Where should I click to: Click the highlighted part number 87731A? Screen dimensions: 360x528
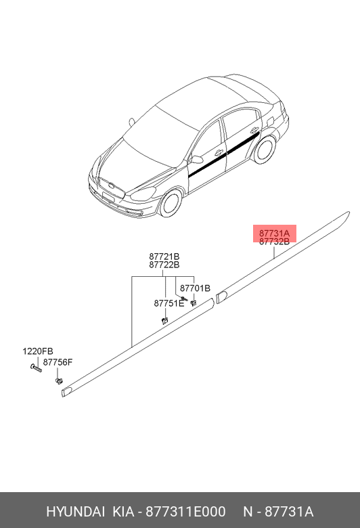(x=274, y=233)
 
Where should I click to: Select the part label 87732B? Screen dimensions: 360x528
(x=274, y=242)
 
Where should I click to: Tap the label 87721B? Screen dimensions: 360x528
(x=164, y=257)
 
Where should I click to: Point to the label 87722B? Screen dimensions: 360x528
(x=164, y=265)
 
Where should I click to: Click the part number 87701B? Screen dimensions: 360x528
(x=195, y=288)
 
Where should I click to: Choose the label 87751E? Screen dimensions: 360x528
(x=169, y=303)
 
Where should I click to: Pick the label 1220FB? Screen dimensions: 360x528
(x=38, y=351)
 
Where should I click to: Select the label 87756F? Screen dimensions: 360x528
(x=58, y=362)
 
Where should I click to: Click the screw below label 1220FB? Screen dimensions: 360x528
(x=36, y=368)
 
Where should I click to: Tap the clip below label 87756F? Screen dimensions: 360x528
(x=59, y=381)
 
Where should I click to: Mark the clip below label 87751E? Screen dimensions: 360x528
(x=164, y=320)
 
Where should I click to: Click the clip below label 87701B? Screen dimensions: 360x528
(x=194, y=303)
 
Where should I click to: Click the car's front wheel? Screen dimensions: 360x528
(x=171, y=203)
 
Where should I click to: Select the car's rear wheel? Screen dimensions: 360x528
(x=265, y=149)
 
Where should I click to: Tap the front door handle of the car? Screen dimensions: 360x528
(x=219, y=152)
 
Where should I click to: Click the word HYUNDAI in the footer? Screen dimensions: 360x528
(x=75, y=512)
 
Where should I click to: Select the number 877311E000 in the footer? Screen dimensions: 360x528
(x=185, y=512)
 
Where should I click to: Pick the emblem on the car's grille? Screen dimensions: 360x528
(x=111, y=185)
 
